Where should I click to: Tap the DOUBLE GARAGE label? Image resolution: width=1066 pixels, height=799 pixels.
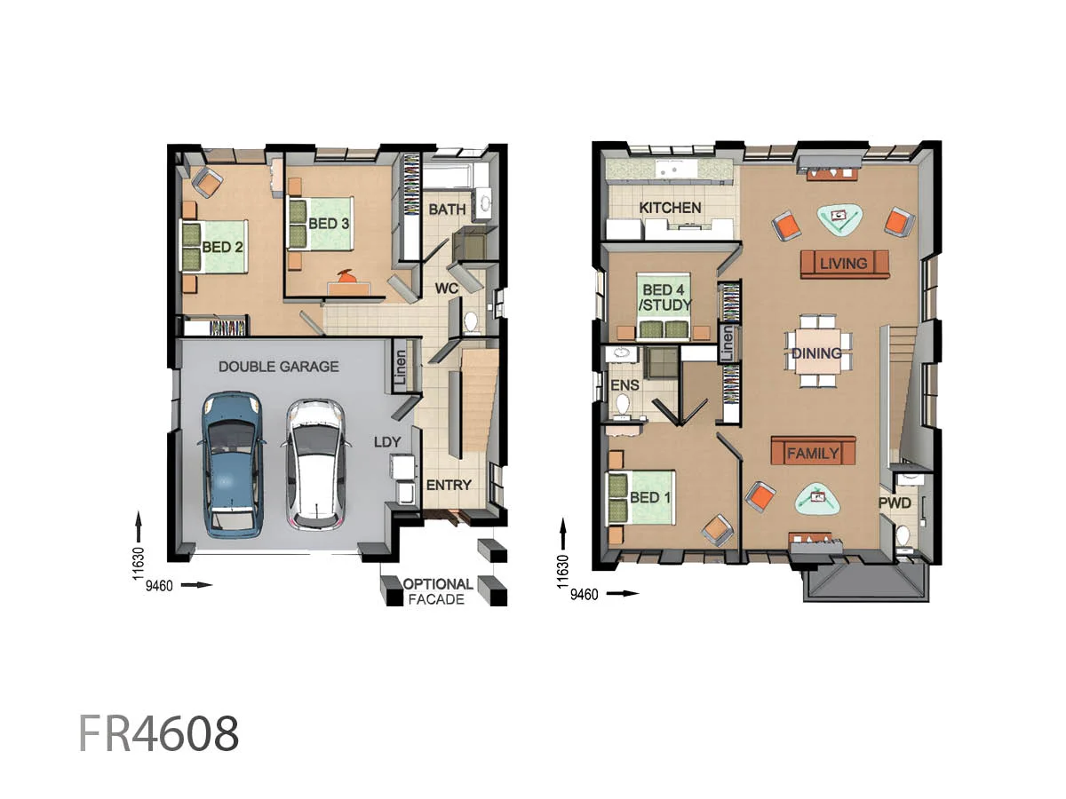(278, 366)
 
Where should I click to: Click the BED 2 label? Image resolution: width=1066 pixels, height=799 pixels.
(223, 247)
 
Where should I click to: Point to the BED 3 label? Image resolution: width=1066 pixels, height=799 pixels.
(328, 223)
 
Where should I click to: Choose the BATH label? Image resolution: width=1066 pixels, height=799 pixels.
(447, 210)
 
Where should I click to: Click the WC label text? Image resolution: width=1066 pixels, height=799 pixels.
(445, 289)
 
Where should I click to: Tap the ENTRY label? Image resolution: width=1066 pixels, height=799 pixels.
(449, 485)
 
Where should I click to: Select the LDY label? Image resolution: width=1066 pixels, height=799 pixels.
(387, 441)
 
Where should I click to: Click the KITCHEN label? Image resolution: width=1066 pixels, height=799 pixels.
(671, 208)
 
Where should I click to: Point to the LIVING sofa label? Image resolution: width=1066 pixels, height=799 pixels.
(844, 264)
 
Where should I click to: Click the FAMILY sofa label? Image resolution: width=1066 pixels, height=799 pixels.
(813, 454)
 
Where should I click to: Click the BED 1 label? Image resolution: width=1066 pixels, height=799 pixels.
(650, 497)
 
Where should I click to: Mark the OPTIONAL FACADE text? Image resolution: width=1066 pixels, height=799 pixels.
(438, 592)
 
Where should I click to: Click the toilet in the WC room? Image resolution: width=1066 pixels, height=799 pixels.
(471, 320)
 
